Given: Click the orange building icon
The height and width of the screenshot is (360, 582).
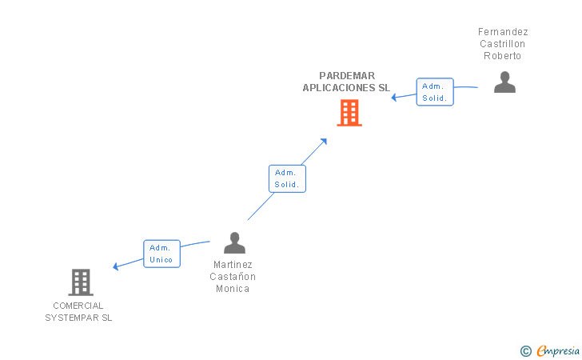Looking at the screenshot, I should pyautogui.click(x=349, y=113).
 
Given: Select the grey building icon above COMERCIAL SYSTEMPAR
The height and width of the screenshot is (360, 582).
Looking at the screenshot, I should pyautogui.click(x=81, y=282).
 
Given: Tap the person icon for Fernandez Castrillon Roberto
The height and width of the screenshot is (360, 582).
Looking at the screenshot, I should pyautogui.click(x=504, y=82).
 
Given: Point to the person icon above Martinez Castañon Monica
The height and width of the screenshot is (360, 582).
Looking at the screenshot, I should pyautogui.click(x=234, y=242).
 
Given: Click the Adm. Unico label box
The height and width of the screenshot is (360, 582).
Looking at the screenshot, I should pyautogui.click(x=161, y=254).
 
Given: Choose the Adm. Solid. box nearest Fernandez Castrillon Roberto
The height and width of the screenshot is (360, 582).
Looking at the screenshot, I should pyautogui.click(x=435, y=92).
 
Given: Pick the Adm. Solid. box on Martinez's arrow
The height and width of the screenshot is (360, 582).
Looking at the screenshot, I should pyautogui.click(x=287, y=178).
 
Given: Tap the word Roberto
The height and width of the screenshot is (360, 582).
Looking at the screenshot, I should pyautogui.click(x=502, y=56).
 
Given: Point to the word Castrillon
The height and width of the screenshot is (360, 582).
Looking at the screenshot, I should pyautogui.click(x=502, y=44).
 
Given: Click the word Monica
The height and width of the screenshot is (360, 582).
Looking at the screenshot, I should pyautogui.click(x=233, y=289).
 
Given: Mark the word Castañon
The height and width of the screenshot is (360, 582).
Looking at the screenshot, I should pyautogui.click(x=233, y=277).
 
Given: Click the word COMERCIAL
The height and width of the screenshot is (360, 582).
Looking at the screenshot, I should pyautogui.click(x=78, y=306).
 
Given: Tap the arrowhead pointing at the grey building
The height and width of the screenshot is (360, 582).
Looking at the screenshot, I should pyautogui.click(x=117, y=266).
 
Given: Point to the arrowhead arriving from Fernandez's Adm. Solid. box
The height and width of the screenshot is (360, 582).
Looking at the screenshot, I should pyautogui.click(x=394, y=98).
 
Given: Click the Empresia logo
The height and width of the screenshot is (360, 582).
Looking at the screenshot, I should pyautogui.click(x=557, y=350).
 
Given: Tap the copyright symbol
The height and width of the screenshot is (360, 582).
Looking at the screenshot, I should pyautogui.click(x=525, y=350).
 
